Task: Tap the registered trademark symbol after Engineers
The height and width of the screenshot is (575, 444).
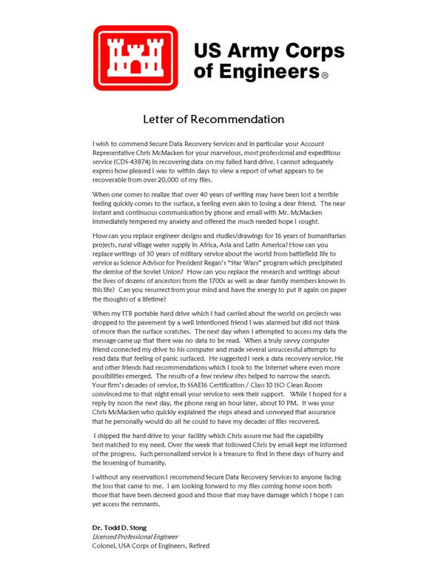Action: [x=324, y=75]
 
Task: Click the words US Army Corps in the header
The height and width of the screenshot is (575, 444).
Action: [x=269, y=51]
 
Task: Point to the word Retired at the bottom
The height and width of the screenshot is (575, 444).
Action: [x=195, y=545]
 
